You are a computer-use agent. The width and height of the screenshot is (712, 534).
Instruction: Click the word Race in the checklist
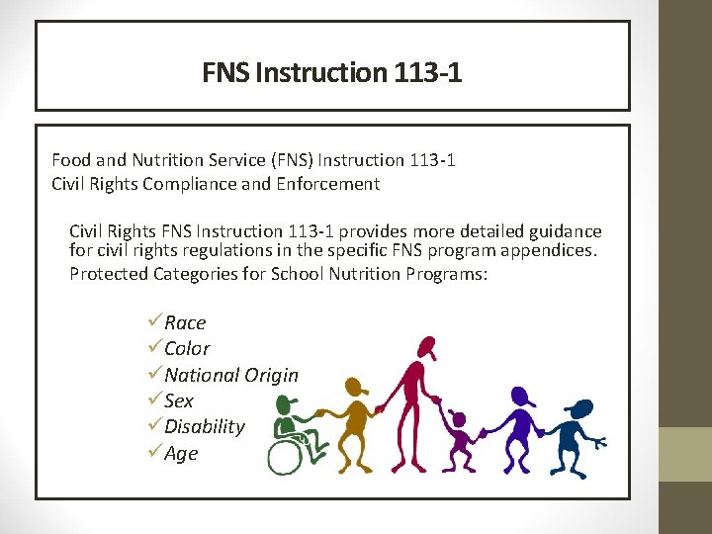pyautogui.click(x=185, y=322)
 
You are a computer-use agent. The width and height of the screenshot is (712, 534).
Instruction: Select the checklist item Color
pyautogui.click(x=187, y=348)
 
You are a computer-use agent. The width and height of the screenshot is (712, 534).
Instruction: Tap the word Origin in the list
pyautogui.click(x=272, y=375)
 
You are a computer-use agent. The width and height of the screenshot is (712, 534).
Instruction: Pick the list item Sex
pyautogui.click(x=179, y=400)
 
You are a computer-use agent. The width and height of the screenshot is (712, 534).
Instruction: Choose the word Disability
pyautogui.click(x=205, y=426)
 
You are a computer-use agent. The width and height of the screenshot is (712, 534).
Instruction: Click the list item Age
pyautogui.click(x=181, y=453)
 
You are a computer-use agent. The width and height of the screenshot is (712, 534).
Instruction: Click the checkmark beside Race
pyautogui.click(x=153, y=321)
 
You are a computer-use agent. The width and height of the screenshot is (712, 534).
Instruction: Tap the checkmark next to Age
pyautogui.click(x=153, y=452)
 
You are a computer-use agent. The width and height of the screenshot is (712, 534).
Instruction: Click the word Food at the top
pyautogui.click(x=70, y=159)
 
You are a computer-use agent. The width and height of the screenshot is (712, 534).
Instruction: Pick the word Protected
pyautogui.click(x=108, y=273)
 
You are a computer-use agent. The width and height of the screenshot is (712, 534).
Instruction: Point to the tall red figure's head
pyautogui.click(x=426, y=348)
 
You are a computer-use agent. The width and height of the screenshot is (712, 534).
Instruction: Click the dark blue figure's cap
pyautogui.click(x=580, y=407)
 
